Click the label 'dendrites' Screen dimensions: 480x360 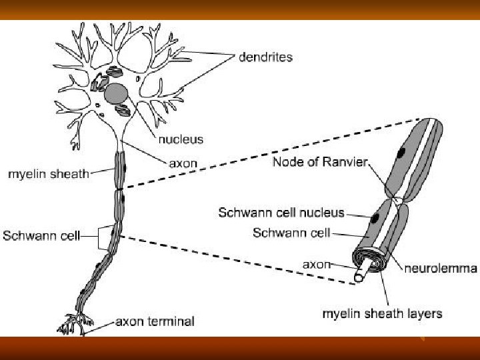(265, 57)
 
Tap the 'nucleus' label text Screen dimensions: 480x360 (181, 140)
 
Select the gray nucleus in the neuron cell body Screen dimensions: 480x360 (117, 93)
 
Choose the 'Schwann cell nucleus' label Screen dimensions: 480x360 (281, 213)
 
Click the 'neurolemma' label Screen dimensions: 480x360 (441, 269)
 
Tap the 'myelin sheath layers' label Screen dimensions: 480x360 (382, 312)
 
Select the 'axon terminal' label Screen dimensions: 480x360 (155, 322)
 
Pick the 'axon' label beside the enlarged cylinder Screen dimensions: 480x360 (317, 265)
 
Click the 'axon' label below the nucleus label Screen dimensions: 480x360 (182, 163)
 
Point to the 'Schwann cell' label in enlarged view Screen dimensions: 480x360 (291, 233)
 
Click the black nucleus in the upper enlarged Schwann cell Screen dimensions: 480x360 (401, 151)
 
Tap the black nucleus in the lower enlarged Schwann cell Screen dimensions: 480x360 (376, 218)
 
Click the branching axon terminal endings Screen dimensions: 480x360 (72, 323)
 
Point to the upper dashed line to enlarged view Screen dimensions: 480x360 (267, 153)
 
